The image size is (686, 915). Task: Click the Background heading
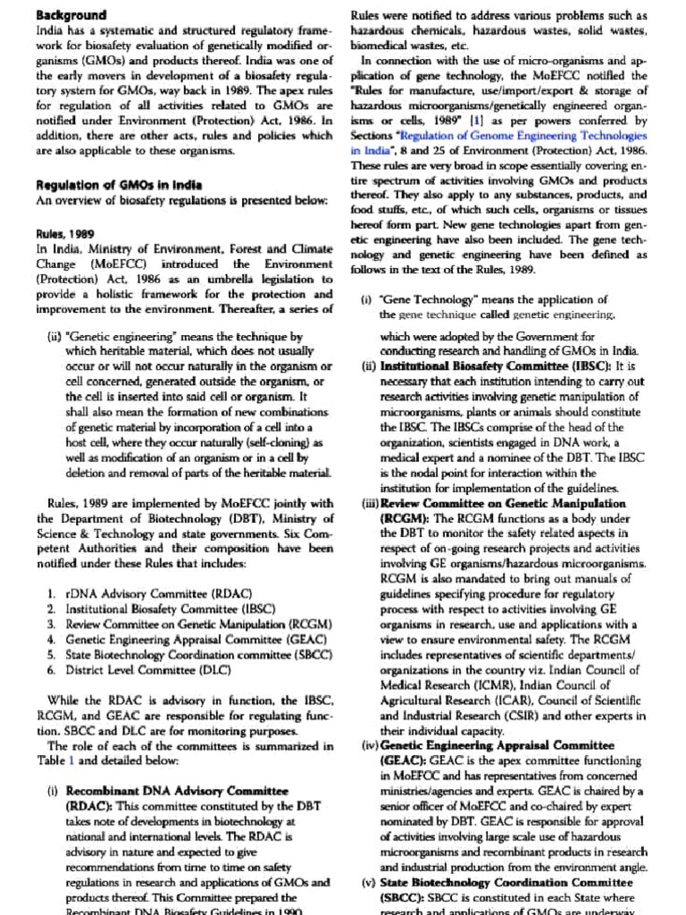[71, 15]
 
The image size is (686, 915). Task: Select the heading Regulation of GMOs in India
[119, 185]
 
